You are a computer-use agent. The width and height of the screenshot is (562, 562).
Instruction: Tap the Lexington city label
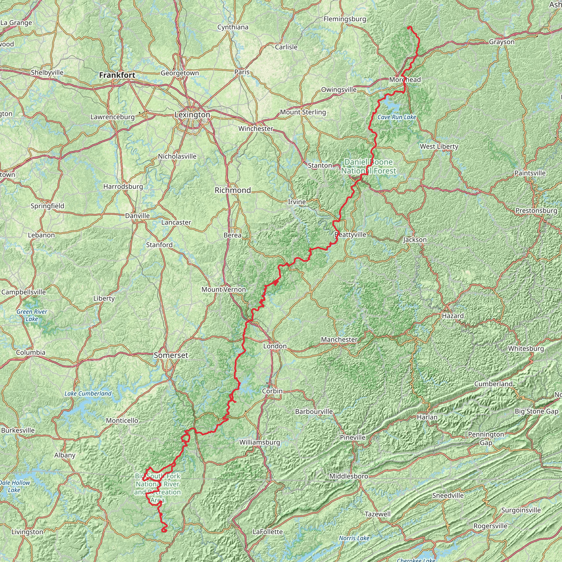click(x=192, y=115)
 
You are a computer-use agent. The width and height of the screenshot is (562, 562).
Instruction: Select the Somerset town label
click(x=171, y=355)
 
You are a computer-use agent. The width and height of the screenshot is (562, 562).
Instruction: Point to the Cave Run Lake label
click(x=397, y=117)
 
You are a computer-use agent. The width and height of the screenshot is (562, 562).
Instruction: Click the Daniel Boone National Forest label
click(x=369, y=166)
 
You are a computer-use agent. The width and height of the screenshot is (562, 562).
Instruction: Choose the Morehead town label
click(x=405, y=79)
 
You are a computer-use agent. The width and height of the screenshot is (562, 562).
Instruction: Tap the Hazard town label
click(x=453, y=316)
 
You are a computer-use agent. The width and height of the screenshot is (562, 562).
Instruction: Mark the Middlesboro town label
click(x=349, y=476)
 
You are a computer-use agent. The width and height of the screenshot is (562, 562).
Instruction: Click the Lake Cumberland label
click(x=88, y=394)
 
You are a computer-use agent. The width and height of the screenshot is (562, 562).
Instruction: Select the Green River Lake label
click(x=32, y=315)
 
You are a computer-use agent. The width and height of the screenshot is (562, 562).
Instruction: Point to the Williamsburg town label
click(x=260, y=442)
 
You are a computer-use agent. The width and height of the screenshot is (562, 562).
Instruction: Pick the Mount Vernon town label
click(x=224, y=290)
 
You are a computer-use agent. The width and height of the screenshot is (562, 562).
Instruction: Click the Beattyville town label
click(x=350, y=234)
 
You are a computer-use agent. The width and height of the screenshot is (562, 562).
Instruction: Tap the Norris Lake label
click(x=354, y=538)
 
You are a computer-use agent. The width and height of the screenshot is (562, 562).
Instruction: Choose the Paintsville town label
click(x=530, y=173)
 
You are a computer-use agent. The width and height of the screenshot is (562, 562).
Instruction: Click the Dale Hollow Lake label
click(x=15, y=486)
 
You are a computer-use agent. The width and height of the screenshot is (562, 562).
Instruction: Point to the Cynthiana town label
click(x=233, y=27)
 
